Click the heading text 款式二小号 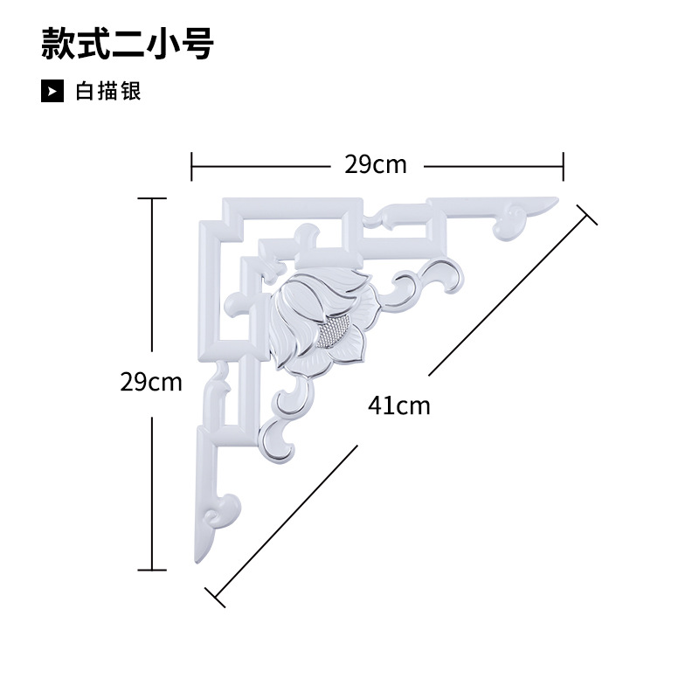click(128, 44)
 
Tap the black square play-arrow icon click(52, 91)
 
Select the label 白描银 click(108, 91)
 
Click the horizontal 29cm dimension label click(376, 164)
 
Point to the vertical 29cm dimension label click(151, 382)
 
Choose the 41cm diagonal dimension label click(399, 405)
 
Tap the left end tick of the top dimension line click(192, 164)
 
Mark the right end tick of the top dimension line click(564, 164)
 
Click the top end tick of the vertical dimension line click(152, 199)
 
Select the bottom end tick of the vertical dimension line click(152, 570)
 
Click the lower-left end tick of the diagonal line click(215, 596)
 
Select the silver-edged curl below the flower click(280, 437)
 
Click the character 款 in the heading click(58, 44)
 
